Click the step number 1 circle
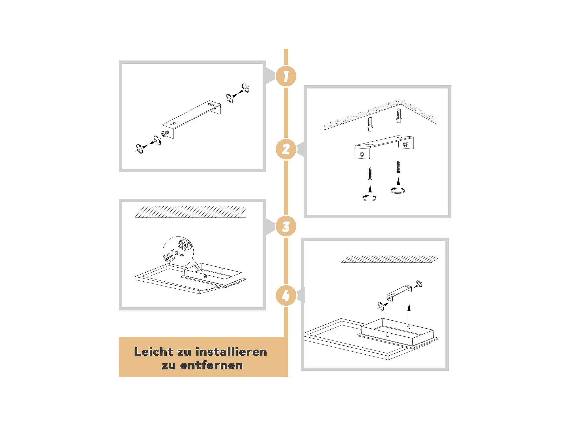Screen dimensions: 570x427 coord(286,76)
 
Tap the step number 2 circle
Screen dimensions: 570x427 coord(286,149)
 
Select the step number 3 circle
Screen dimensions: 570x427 coord(286,227)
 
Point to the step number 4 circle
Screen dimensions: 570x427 coord(286,296)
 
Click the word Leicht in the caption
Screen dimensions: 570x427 coord(154,352)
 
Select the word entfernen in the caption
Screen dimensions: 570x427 coord(211,365)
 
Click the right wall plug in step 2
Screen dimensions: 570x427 coord(399,116)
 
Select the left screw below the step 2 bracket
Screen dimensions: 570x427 coord(370,174)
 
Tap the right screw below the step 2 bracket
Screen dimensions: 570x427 coord(398,166)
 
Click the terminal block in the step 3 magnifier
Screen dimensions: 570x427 coord(184,244)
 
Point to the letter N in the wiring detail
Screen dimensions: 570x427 coord(182,255)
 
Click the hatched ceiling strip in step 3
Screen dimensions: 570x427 coord(190,212)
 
